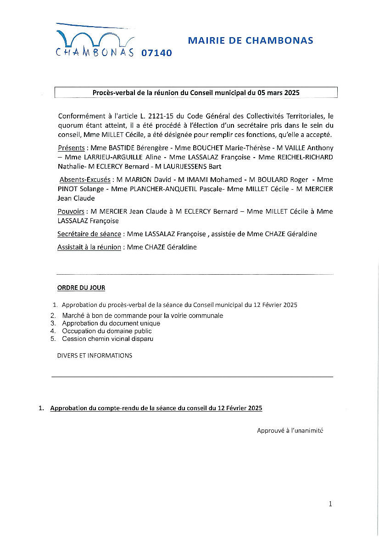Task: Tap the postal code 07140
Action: click(x=156, y=53)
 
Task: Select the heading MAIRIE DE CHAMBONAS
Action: click(x=251, y=40)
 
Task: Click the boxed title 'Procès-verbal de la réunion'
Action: click(x=196, y=92)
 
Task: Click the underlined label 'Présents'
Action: click(x=72, y=148)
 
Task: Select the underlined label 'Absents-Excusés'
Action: click(x=85, y=180)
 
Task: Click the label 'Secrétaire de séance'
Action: click(x=89, y=234)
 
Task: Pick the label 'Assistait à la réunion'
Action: click(x=89, y=247)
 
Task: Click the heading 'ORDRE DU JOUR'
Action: click(x=81, y=288)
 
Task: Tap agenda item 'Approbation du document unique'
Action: click(x=111, y=323)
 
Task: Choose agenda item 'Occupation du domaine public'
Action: click(x=107, y=331)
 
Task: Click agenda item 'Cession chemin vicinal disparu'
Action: click(x=108, y=339)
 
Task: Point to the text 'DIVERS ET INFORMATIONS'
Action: click(x=95, y=356)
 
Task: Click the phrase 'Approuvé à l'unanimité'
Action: click(x=290, y=430)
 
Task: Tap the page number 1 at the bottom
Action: click(x=330, y=504)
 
